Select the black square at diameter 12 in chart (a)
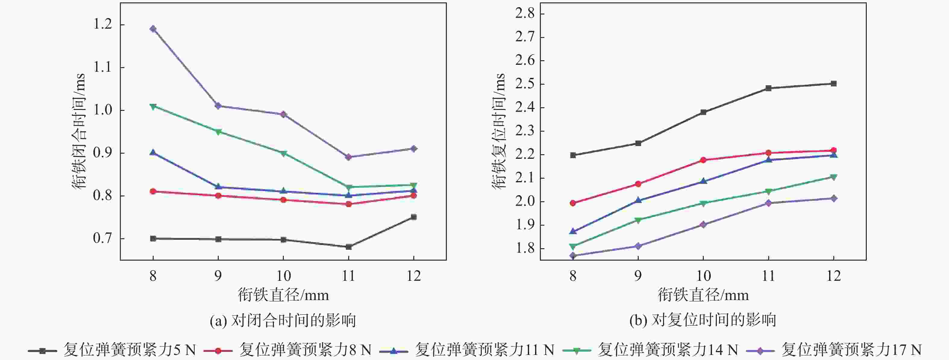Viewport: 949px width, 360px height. click(413, 217)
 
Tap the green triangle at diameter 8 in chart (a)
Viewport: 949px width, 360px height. click(153, 106)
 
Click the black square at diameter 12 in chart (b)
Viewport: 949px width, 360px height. click(834, 84)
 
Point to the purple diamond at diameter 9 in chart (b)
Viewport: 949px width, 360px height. click(638, 246)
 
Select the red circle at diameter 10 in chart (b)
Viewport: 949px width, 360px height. click(703, 160)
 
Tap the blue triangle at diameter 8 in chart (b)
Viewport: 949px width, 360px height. click(573, 231)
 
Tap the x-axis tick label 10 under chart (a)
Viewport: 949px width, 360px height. click(283, 276)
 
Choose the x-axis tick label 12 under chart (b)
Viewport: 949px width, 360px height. click(834, 276)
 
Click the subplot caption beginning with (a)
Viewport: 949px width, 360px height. click(283, 321)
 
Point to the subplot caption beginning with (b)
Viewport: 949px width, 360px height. click(703, 321)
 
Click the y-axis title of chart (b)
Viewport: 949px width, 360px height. click(498, 131)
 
